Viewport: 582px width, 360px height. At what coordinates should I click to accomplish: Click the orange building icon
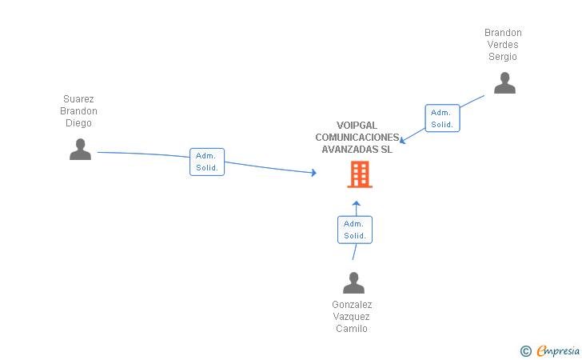click(359, 174)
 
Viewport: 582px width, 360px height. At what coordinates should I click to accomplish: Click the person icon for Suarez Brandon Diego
click(80, 150)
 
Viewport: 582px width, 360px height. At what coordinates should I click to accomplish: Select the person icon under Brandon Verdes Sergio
click(504, 83)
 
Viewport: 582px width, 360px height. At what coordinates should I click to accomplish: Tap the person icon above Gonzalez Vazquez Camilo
click(353, 283)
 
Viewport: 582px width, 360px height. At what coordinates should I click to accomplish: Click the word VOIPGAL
click(357, 126)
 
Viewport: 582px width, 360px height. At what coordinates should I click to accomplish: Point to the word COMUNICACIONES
click(357, 137)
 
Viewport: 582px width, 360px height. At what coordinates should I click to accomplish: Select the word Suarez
click(78, 99)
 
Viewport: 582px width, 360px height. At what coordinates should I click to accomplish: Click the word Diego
click(78, 123)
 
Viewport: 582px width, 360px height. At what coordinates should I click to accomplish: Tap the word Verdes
click(503, 45)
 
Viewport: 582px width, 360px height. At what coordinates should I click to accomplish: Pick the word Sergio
click(503, 57)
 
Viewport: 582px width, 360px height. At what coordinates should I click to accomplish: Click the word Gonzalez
click(352, 305)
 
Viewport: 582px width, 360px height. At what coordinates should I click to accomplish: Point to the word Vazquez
click(352, 317)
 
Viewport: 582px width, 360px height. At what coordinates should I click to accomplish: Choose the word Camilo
click(352, 329)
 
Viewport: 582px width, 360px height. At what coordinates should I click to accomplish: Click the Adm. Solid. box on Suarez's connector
click(207, 162)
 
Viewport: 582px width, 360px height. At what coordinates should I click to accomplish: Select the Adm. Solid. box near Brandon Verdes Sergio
click(442, 118)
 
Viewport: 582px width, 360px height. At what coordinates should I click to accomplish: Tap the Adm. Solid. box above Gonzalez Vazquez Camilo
click(355, 230)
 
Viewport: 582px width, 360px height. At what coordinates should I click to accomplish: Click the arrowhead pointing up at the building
click(357, 203)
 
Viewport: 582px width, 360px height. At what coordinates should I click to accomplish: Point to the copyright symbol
click(526, 350)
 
